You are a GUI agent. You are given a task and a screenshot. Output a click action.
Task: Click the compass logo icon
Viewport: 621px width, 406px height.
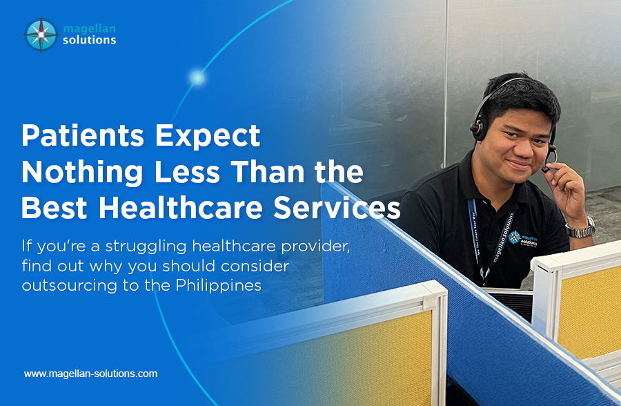click(41, 35)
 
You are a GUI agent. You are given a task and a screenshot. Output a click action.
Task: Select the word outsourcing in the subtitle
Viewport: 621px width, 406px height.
click(64, 284)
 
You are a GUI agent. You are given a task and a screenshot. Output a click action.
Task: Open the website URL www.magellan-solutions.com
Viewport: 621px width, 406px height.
click(90, 374)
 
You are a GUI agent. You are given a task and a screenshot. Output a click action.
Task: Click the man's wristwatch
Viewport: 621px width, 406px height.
click(580, 229)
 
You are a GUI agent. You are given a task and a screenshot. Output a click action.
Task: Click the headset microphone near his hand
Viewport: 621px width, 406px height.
click(549, 168)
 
